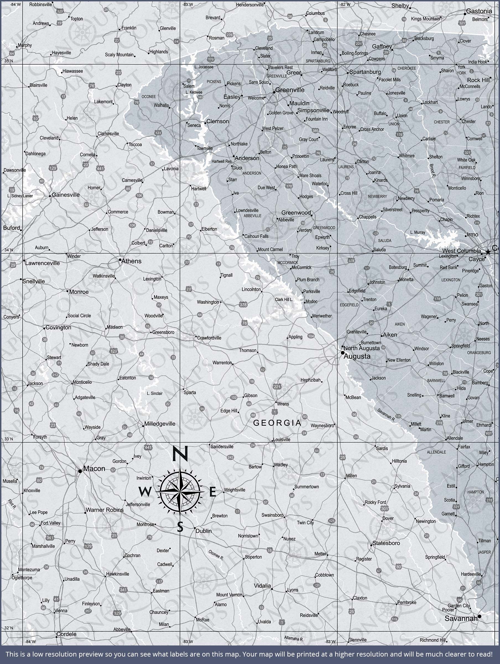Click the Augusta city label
(357, 356)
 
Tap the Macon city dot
(80, 471)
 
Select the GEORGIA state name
(277, 423)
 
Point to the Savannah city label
(461, 618)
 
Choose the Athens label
(131, 261)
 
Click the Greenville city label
(290, 90)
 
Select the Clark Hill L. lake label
(284, 300)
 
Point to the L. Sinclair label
(155, 393)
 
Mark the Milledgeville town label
(160, 424)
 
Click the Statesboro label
(386, 543)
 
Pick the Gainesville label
(66, 195)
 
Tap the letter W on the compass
(145, 492)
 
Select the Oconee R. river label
(216, 555)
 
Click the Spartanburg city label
(365, 72)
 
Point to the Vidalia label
(262, 586)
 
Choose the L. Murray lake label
(418, 232)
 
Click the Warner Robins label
(105, 510)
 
